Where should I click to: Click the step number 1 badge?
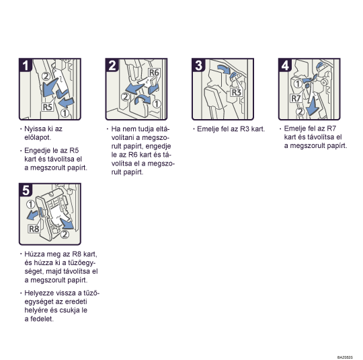26,65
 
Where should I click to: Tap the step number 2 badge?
112,65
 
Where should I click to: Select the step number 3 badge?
198,65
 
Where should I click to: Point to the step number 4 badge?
285,65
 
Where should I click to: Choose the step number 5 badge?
26,190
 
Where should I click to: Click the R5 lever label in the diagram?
48,107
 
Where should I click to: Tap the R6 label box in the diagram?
154,73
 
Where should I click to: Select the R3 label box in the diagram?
237,92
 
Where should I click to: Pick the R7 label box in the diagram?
296,98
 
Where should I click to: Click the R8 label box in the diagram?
34,229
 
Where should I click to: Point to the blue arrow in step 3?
224,69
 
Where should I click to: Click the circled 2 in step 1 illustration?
46,76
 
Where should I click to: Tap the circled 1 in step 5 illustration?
30,205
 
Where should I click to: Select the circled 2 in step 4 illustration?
300,112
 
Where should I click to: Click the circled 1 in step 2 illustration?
157,104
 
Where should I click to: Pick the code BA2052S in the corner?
345,357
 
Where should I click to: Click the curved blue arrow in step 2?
142,98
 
